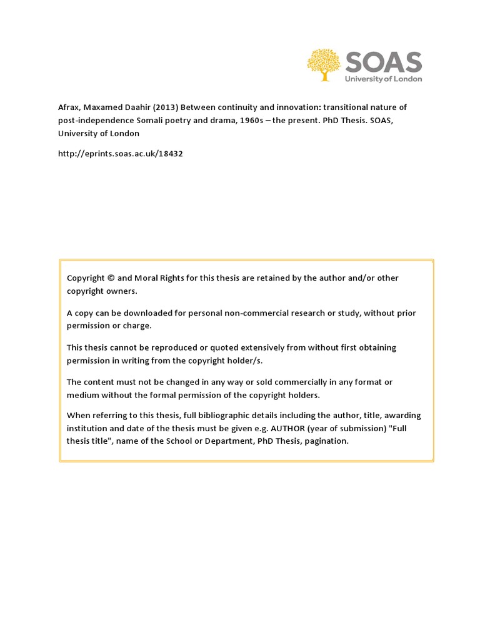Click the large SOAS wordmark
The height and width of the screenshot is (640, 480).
pyautogui.click(x=384, y=62)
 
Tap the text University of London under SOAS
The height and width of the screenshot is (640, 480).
pyautogui.click(x=384, y=79)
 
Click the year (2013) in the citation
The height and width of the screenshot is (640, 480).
pyautogui.click(x=164, y=107)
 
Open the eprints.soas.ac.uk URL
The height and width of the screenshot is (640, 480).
pyautogui.click(x=120, y=153)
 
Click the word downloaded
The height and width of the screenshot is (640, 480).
pyautogui.click(x=142, y=312)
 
